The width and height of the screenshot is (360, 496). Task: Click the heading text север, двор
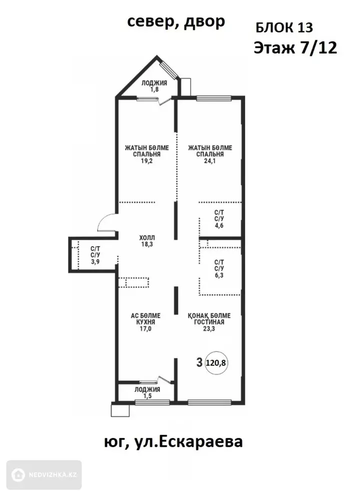(176, 22)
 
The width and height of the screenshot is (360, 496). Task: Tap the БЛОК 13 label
(284, 28)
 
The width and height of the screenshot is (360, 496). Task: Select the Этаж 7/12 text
(295, 48)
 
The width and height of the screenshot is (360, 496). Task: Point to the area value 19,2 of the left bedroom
(147, 161)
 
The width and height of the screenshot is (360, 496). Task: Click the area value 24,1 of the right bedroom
(210, 161)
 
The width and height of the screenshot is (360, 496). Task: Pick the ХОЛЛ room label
(147, 238)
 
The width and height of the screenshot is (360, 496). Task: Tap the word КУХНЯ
(145, 322)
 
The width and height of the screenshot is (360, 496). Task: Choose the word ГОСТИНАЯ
(209, 322)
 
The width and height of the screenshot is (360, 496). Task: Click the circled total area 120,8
(216, 363)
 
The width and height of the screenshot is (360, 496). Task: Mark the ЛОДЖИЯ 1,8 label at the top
(154, 87)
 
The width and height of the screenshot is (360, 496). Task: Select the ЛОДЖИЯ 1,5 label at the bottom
(147, 392)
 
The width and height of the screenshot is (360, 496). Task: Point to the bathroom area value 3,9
(95, 262)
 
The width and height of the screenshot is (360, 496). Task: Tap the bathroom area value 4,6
(219, 226)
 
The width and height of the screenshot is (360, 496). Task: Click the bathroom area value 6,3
(219, 275)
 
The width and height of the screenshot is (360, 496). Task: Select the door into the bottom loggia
(165, 380)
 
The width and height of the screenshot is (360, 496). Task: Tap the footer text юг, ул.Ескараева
(173, 441)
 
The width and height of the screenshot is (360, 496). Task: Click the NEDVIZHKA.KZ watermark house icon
(18, 475)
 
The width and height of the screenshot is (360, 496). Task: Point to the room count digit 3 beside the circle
(199, 362)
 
